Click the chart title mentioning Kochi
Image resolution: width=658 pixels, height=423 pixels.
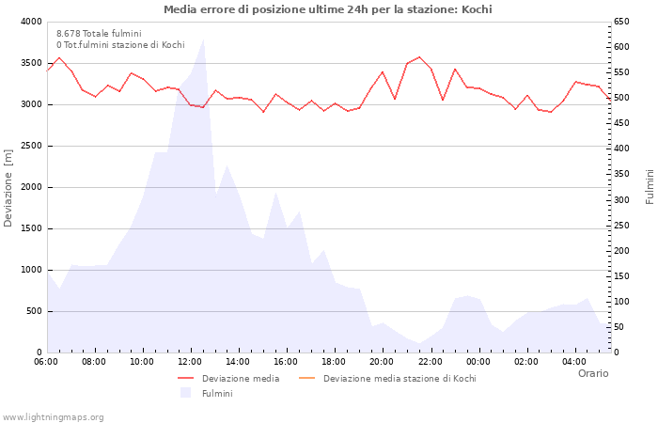pos(327,9)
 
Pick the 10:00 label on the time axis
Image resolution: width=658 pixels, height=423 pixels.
pos(142,362)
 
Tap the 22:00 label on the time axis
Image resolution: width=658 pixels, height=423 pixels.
pos(431,362)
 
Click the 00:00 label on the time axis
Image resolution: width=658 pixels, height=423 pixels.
pos(478,362)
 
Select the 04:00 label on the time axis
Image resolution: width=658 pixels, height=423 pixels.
pos(574,362)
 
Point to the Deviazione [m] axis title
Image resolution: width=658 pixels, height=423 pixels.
pos(8,186)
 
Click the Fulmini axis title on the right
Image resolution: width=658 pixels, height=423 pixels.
pos(649,186)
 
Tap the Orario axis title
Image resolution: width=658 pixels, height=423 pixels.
pos(592,373)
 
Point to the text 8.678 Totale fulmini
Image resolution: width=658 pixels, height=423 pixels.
pos(99,34)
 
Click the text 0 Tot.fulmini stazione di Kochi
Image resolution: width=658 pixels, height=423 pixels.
pos(120,45)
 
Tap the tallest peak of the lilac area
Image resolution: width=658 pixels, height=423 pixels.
pos(203,39)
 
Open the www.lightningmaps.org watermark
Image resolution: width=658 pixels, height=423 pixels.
pos(54,416)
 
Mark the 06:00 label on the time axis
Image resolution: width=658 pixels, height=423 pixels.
pos(46,362)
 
